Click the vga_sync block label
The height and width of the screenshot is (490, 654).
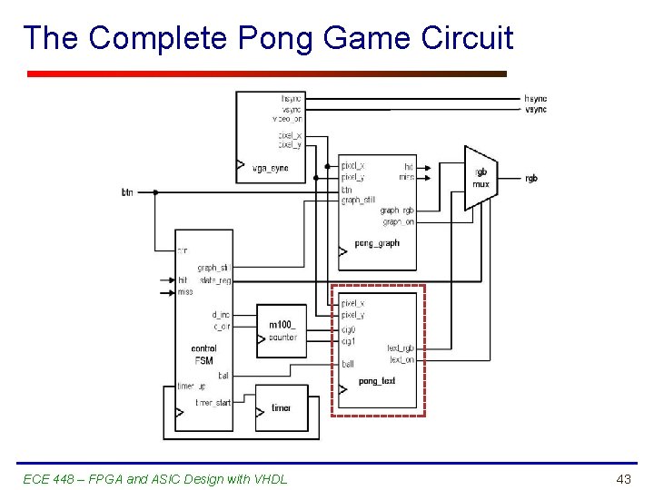[x=270, y=168]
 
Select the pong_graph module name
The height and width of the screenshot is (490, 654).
[x=377, y=243]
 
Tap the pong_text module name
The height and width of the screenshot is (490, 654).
[x=377, y=381]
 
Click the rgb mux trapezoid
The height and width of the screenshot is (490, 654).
[x=481, y=178]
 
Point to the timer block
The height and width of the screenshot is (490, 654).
[x=282, y=408]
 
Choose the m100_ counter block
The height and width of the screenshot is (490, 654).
[x=282, y=331]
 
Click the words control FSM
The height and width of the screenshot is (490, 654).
[x=204, y=354]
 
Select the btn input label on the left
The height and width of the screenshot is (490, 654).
[x=127, y=192]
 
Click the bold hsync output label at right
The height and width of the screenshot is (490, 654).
[x=536, y=98]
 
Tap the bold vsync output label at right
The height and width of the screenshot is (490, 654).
[x=536, y=110]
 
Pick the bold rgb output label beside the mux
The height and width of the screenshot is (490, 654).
[x=531, y=179]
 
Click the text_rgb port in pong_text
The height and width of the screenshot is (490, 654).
[x=401, y=348]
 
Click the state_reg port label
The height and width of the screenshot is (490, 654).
[x=215, y=280]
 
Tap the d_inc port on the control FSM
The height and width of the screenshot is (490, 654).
[x=221, y=316]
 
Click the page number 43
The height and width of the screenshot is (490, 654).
[x=623, y=478]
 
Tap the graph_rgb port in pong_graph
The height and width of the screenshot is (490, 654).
[x=397, y=211]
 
